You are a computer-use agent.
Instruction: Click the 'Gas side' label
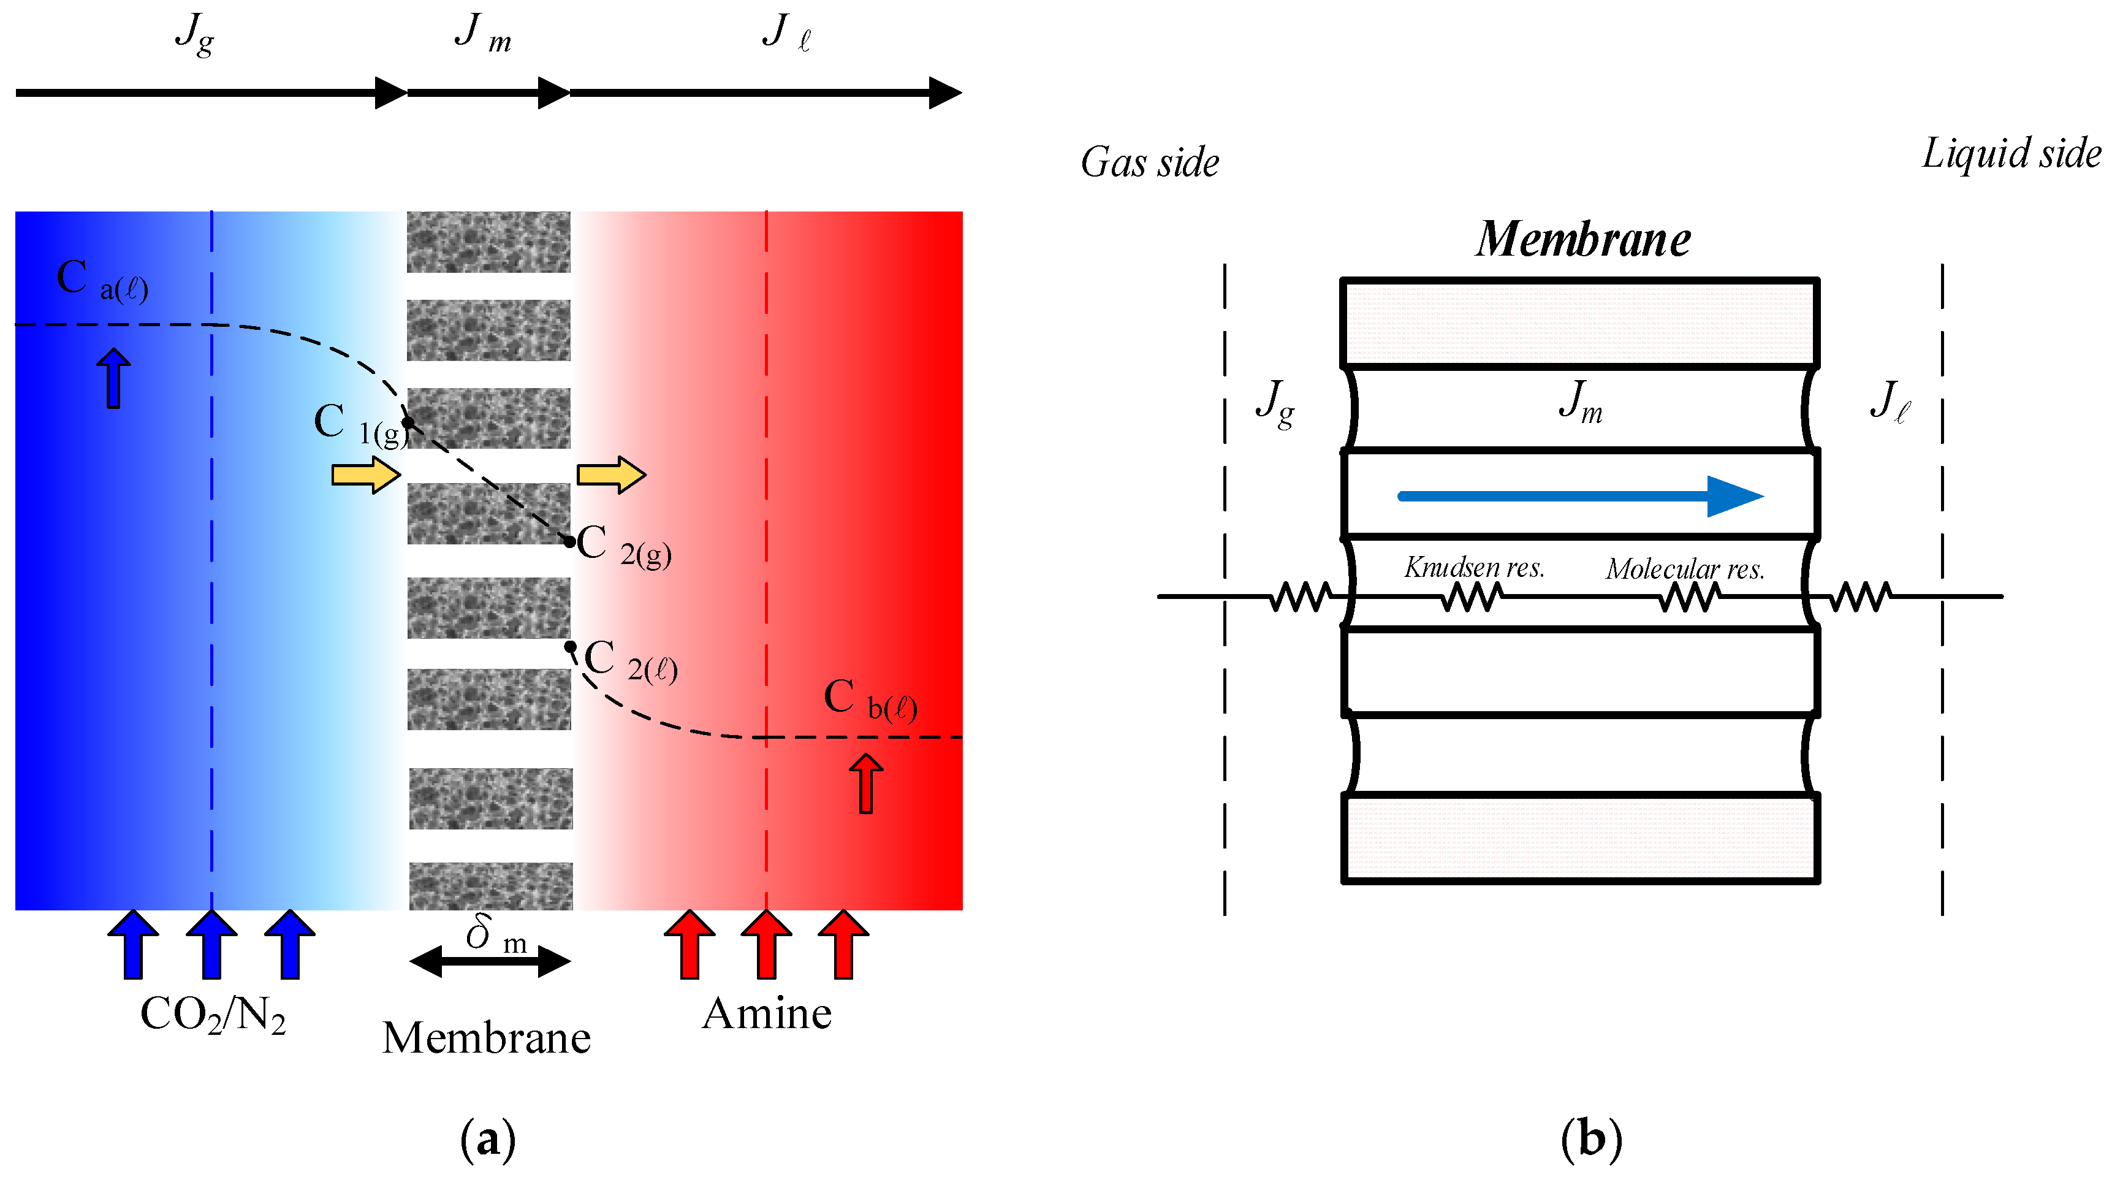pos(1150,162)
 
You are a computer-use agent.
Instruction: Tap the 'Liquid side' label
pos(2011,153)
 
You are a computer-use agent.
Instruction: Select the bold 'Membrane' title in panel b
pos(1582,240)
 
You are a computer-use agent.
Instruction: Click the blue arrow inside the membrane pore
pos(1580,495)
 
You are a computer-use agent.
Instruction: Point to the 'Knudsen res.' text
pos(1474,567)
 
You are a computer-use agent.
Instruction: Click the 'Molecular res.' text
pos(1685,568)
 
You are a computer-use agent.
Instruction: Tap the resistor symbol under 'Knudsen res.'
pos(1472,597)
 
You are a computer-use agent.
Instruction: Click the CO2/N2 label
pos(213,1015)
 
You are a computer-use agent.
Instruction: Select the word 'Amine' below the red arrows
pos(767,1013)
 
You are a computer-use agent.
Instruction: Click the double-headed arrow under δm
pos(490,961)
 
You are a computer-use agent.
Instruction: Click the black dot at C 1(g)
pos(408,423)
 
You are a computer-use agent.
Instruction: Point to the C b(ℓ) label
pos(869,699)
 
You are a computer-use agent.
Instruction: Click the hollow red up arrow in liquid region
pos(866,784)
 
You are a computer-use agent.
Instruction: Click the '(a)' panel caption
pos(488,1139)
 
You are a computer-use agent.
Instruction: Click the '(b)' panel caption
pos(1590,1139)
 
